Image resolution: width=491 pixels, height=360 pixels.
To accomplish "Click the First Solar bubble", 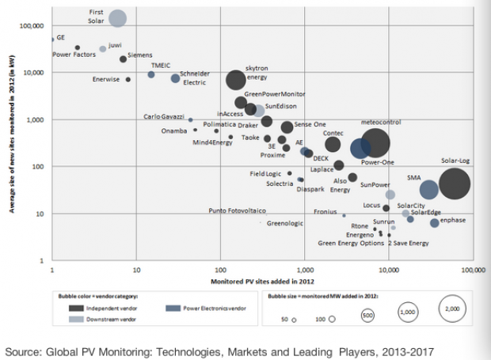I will point(117,17).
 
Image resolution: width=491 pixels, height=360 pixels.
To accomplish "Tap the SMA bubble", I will point(428,190).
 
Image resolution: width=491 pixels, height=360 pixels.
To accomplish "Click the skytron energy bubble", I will point(235,80).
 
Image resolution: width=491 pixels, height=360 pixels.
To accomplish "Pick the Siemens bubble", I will point(124,59).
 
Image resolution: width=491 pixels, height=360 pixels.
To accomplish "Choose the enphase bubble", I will point(435,223).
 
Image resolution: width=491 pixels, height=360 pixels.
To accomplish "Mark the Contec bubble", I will point(333,144).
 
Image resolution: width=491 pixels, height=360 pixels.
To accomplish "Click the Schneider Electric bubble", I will point(175,78).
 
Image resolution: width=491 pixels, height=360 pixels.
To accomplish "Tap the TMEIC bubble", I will point(150,74).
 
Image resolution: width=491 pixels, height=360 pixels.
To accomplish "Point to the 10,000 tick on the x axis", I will point(387,271).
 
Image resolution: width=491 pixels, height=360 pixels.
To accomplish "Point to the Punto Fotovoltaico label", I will point(237,211).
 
